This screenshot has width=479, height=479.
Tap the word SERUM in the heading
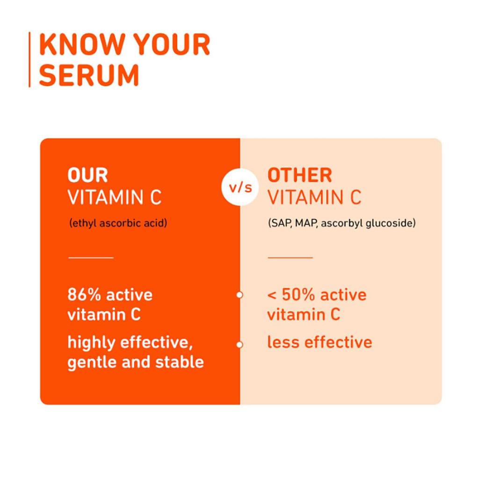point(89,75)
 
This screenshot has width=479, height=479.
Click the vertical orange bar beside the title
point(30,59)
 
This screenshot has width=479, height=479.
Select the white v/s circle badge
point(240,188)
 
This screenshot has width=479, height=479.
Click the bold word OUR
point(87,175)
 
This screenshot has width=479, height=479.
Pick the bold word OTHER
point(299,175)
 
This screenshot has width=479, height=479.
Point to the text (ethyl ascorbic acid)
point(118,223)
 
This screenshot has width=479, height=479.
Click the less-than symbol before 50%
point(272,296)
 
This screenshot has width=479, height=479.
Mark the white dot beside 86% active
point(239,295)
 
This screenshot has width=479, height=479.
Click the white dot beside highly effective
point(239,345)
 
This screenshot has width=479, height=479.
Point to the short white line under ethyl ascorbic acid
point(91,257)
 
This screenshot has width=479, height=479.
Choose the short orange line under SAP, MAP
point(290,257)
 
